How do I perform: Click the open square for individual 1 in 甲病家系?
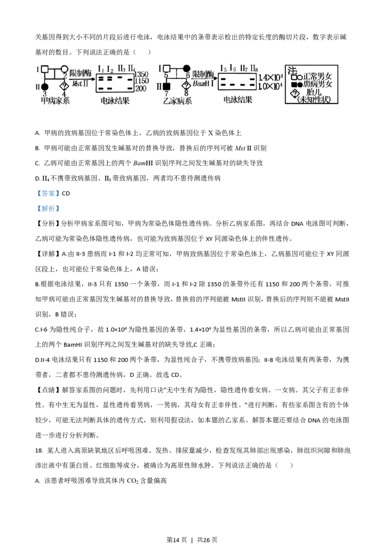tap(44, 69)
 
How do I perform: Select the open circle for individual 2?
tap(64, 69)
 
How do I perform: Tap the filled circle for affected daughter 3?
tap(44, 87)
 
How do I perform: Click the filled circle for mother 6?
tap(186, 69)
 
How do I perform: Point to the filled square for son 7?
tap(167, 87)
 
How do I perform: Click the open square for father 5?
tap(167, 69)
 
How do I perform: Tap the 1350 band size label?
tap(142, 74)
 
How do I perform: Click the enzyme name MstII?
tap(80, 84)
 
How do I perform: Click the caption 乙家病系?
tap(177, 100)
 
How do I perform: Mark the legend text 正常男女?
tap(317, 76)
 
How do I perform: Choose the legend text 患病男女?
tap(317, 84)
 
